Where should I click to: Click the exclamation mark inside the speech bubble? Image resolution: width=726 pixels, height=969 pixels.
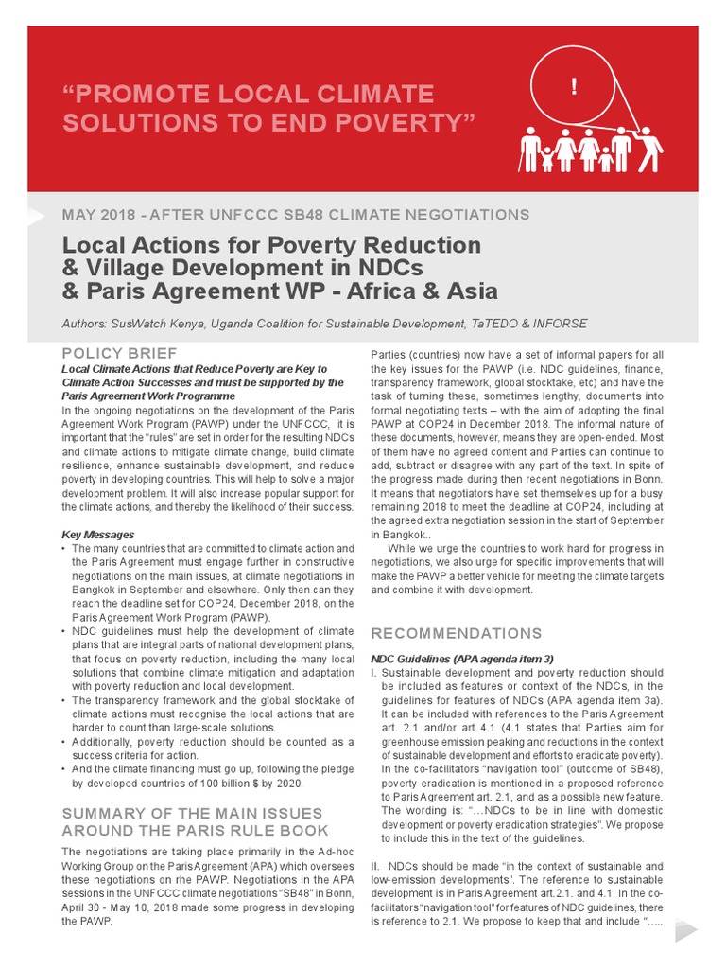[574, 88]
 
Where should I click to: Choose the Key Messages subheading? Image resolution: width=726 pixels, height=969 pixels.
[97, 535]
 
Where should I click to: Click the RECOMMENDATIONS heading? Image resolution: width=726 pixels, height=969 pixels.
[457, 633]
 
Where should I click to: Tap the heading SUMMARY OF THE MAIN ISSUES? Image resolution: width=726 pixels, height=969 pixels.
[192, 813]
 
